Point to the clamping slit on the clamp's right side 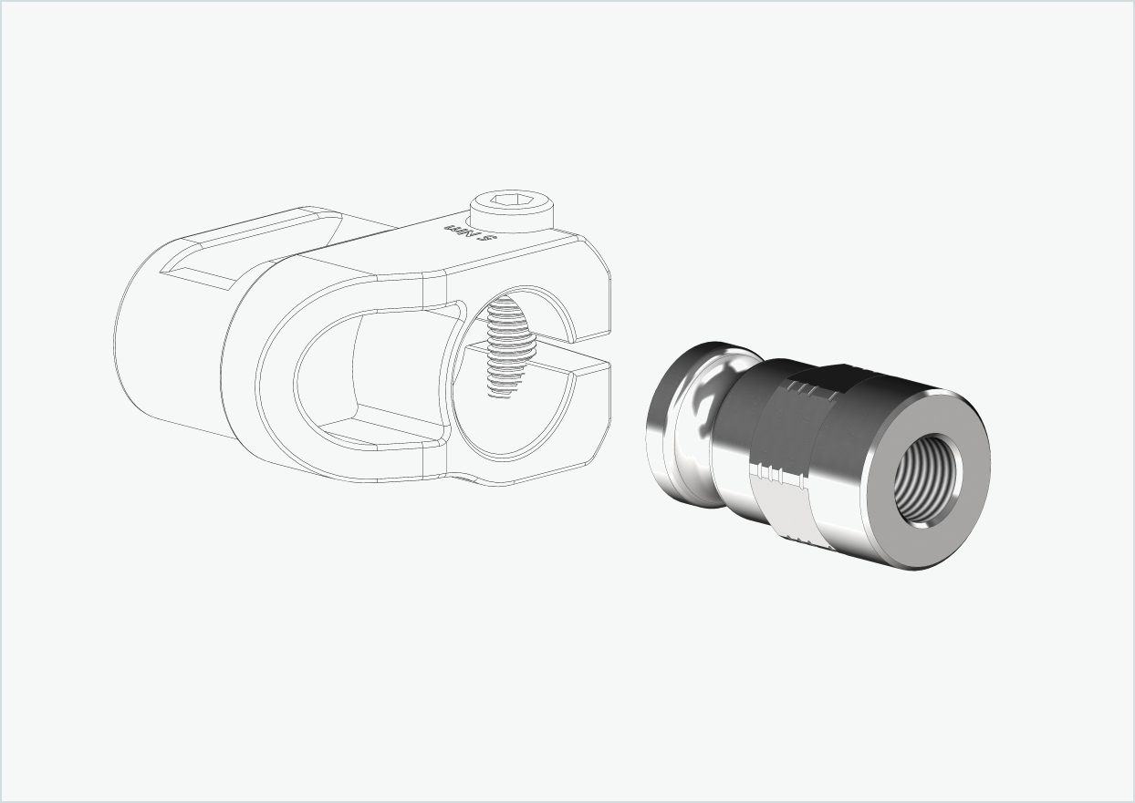pyautogui.click(x=584, y=355)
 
